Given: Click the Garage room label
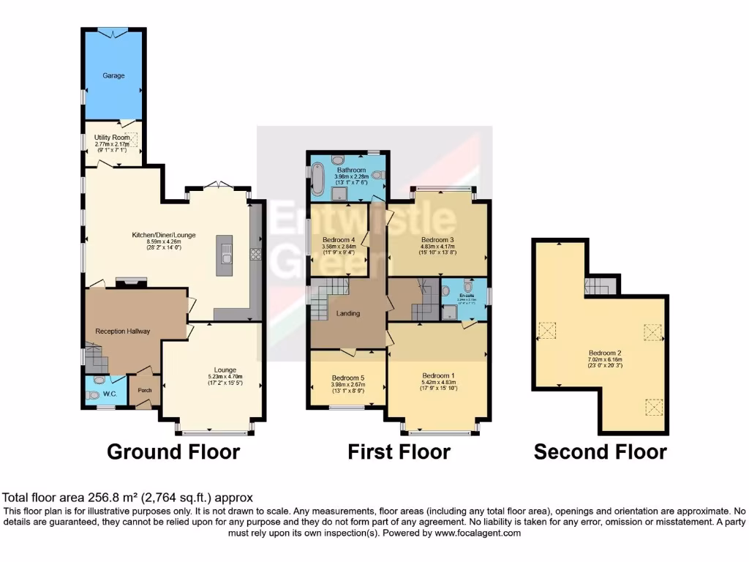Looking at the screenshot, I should (x=113, y=75).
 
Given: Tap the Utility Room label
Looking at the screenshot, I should (x=112, y=138).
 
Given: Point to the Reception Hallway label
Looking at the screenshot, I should (x=123, y=331).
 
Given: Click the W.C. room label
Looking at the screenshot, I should (x=110, y=394).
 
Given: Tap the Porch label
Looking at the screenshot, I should (x=145, y=390).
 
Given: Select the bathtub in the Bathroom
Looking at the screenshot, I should (x=319, y=178).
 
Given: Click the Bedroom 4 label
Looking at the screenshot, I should (x=338, y=239).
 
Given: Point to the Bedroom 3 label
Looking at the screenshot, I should (x=438, y=239).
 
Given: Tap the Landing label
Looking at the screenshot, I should (x=347, y=314).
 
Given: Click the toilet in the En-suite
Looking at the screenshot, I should (x=446, y=291).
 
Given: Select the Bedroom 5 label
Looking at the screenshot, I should (x=347, y=378).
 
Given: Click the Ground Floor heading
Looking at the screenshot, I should (x=173, y=452).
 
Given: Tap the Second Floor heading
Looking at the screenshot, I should (x=600, y=452).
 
